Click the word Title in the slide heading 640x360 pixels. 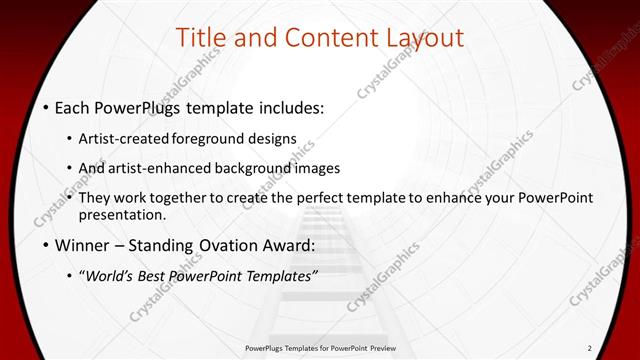(199, 38)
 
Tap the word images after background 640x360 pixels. (318, 168)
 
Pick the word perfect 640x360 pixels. (341, 198)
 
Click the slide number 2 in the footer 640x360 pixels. (590, 348)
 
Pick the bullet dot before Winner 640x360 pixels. (46, 245)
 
